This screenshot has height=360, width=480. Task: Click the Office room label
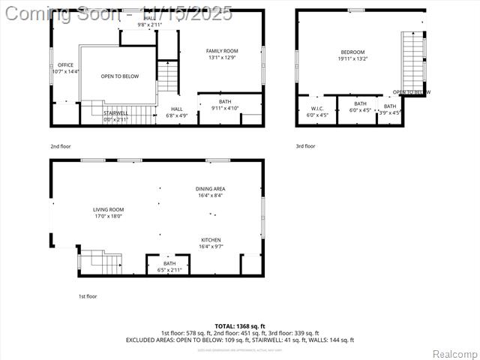click(65, 68)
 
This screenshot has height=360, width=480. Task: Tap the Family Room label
click(222, 54)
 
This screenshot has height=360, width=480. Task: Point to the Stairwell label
click(115, 115)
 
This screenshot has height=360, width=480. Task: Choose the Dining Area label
click(210, 192)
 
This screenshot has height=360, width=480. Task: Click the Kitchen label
click(210, 243)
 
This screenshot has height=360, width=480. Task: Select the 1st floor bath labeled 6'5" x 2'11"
click(169, 266)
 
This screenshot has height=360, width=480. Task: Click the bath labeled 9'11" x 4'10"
click(225, 105)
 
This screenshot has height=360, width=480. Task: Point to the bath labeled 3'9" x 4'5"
click(390, 109)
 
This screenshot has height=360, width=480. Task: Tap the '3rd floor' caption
click(305, 146)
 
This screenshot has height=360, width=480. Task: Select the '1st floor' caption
click(88, 296)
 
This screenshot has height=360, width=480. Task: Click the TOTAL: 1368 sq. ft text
click(239, 325)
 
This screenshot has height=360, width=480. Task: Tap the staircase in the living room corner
click(100, 262)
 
